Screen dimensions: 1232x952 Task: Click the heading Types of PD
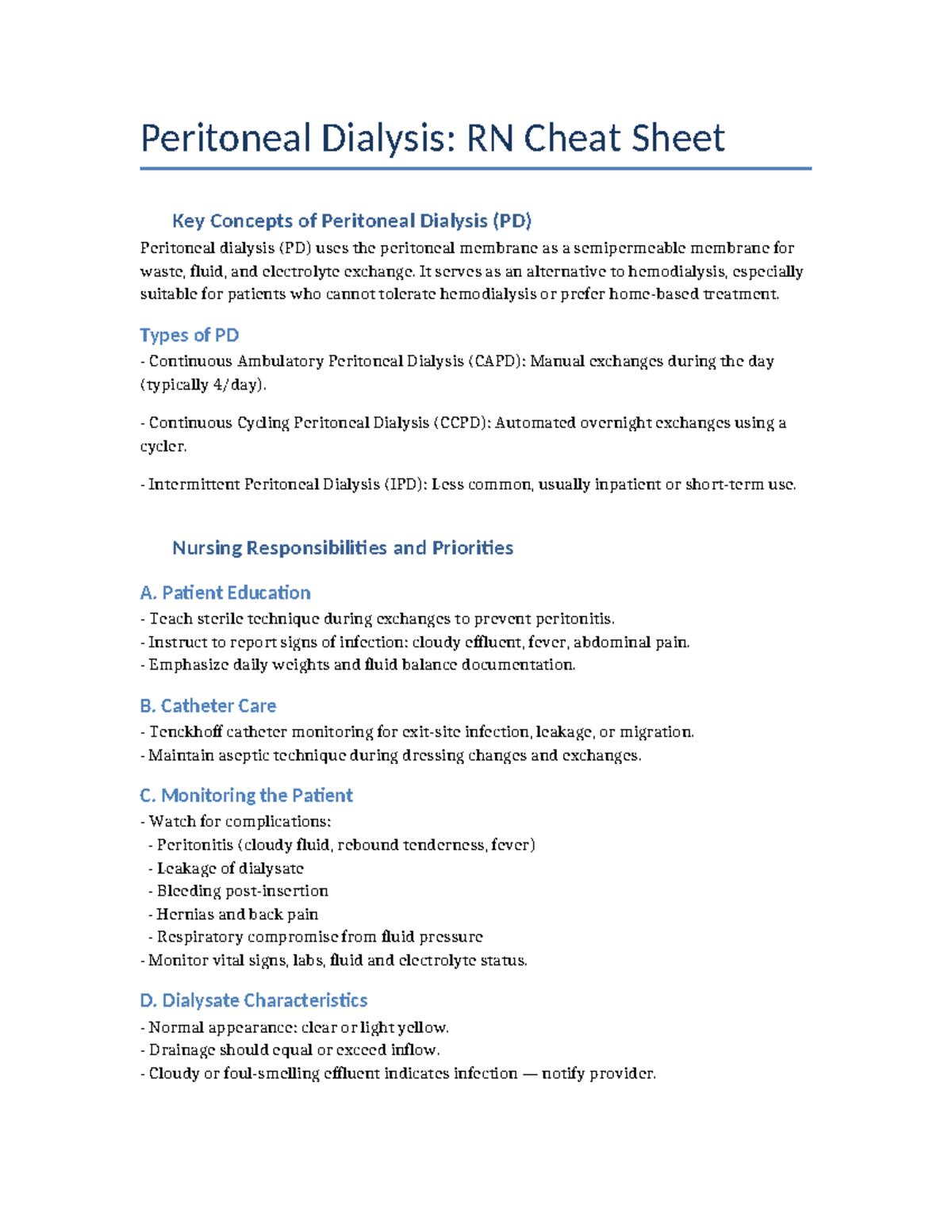(189, 335)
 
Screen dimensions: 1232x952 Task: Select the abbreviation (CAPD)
(496, 361)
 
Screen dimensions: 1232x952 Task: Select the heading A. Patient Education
(225, 593)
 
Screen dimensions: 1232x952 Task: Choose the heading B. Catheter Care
(208, 705)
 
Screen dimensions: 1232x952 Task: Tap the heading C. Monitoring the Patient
(246, 795)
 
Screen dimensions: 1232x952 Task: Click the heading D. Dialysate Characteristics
(253, 1000)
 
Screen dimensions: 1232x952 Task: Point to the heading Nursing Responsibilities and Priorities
(343, 547)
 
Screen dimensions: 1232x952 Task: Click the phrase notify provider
(598, 1073)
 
